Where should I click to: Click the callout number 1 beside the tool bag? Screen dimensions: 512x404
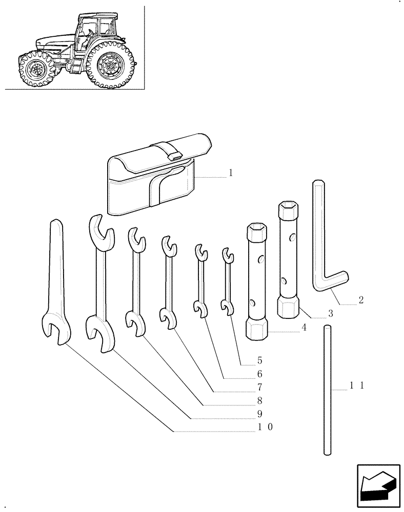(x=231, y=173)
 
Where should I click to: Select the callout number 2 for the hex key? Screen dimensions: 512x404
(x=361, y=300)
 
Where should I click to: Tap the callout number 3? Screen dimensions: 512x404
(x=330, y=313)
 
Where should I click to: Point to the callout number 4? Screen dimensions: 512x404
(x=304, y=328)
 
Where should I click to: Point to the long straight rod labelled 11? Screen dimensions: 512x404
(x=328, y=389)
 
